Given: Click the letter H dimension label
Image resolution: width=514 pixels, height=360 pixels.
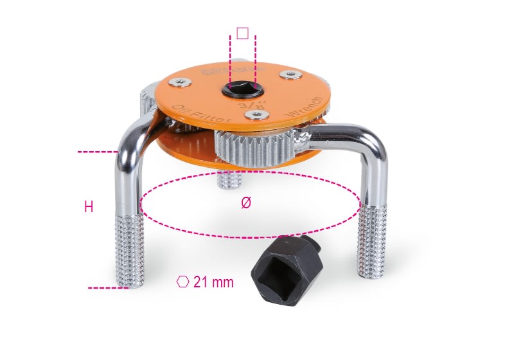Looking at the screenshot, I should click(x=89, y=207).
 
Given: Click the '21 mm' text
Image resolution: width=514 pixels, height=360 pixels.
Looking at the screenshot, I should click(x=213, y=282).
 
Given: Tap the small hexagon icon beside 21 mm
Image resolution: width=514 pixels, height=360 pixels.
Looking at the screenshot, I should click(x=183, y=282).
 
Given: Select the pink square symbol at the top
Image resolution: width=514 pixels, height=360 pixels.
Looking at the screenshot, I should click(x=242, y=33).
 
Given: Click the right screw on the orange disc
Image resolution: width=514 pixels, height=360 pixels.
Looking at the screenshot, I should click(x=292, y=76).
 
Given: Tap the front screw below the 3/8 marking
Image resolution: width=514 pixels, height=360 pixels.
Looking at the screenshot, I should click(x=256, y=114).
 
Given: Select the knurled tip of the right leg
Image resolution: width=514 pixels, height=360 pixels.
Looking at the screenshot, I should click(x=373, y=241).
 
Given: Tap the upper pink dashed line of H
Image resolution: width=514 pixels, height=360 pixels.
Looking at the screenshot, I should click(x=96, y=152).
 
